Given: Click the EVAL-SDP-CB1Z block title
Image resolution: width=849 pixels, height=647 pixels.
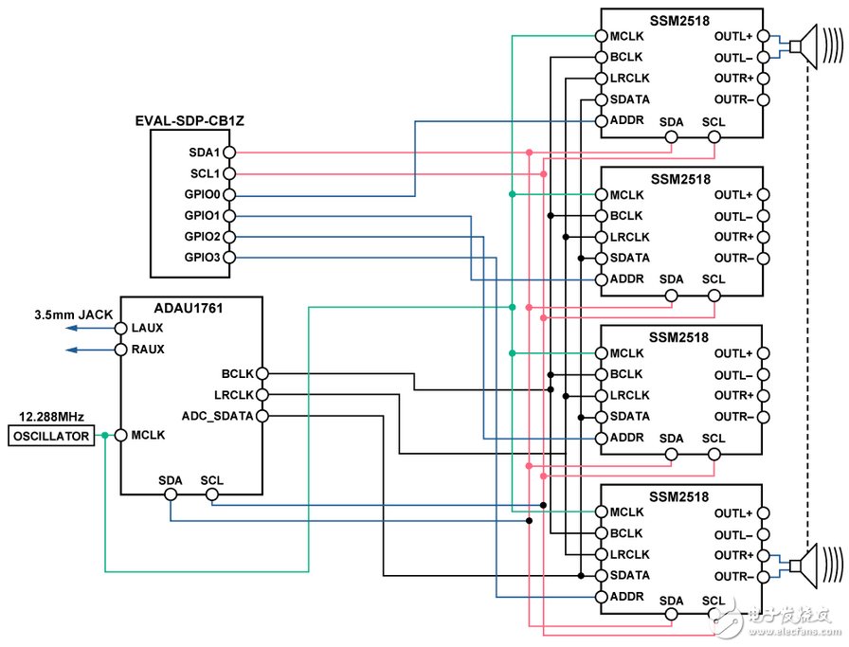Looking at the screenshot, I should [190, 122].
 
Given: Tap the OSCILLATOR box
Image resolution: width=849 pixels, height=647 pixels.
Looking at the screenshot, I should [51, 436].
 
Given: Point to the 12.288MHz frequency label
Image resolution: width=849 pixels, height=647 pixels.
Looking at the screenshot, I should [51, 417].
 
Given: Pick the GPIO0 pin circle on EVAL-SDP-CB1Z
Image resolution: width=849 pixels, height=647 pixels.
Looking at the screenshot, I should [228, 195].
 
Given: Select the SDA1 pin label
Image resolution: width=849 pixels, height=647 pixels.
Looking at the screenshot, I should [204, 153].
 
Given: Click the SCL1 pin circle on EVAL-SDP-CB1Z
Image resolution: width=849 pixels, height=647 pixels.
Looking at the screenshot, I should [228, 174].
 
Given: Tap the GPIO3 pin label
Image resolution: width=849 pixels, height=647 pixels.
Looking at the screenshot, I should [202, 258].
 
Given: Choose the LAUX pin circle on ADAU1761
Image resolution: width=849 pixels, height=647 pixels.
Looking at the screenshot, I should [120, 328].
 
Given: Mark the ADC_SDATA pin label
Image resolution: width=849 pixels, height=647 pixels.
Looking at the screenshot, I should [216, 415].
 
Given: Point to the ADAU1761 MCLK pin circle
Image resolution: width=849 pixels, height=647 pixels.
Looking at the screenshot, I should [120, 436].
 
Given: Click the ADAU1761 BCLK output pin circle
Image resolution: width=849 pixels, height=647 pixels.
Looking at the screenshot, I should [262, 373].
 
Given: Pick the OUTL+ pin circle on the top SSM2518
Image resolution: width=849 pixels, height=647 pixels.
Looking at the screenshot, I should [764, 36].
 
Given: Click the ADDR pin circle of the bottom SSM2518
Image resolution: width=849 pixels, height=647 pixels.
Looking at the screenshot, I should [599, 597].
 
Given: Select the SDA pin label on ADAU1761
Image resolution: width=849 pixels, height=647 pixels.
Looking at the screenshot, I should [171, 480].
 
